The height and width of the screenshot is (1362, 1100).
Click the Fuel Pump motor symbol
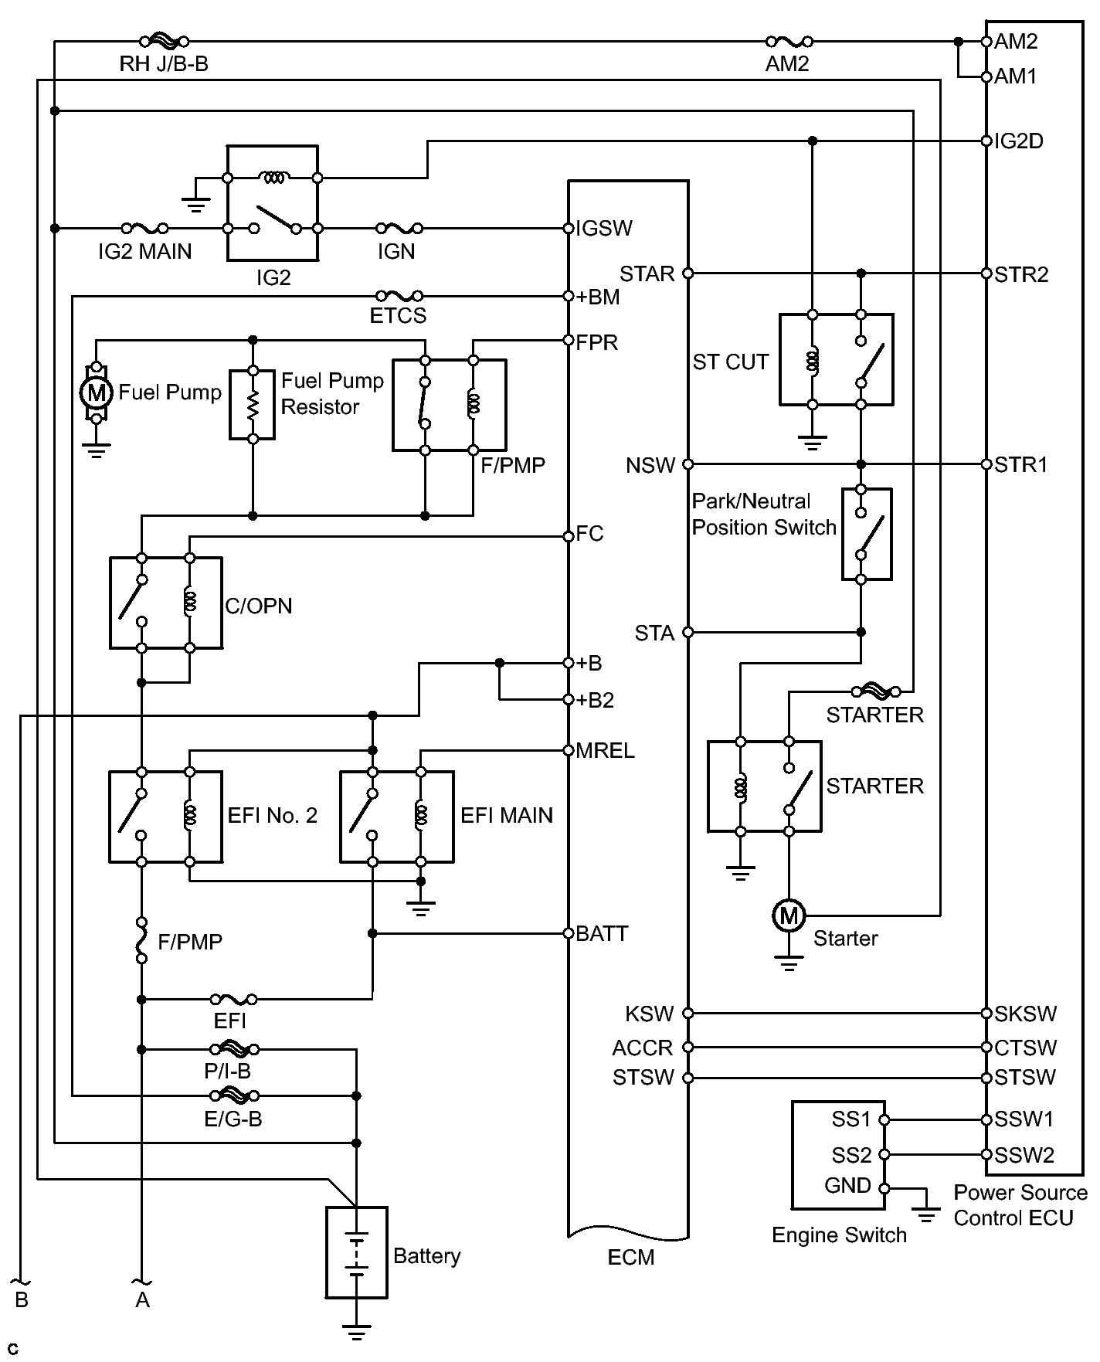(x=97, y=392)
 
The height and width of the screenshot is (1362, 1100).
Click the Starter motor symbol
(x=789, y=916)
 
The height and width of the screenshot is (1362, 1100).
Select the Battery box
(x=356, y=1252)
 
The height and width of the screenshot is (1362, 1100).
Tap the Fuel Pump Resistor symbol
(x=253, y=405)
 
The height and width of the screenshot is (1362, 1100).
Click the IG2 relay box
(x=272, y=202)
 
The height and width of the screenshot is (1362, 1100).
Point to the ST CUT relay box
(x=837, y=359)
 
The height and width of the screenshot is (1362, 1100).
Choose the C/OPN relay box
(x=166, y=603)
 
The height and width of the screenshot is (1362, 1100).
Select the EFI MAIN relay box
(x=397, y=817)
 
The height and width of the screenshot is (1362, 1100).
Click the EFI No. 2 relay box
(x=166, y=817)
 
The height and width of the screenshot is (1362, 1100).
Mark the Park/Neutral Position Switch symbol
(x=867, y=534)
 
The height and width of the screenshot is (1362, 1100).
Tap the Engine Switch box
(x=838, y=1154)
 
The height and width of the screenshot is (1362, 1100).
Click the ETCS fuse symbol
(x=399, y=296)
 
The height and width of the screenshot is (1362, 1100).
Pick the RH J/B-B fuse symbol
(x=163, y=41)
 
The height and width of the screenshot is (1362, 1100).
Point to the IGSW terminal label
(x=604, y=229)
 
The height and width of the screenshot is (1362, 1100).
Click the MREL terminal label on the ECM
(x=605, y=751)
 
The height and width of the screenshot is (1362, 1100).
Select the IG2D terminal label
(x=1019, y=141)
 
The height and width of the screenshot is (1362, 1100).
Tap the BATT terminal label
(x=602, y=934)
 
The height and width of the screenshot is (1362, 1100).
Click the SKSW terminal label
(x=1025, y=1014)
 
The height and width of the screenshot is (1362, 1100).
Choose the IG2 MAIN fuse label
(x=144, y=252)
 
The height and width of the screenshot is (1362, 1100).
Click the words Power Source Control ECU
(x=1020, y=1205)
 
